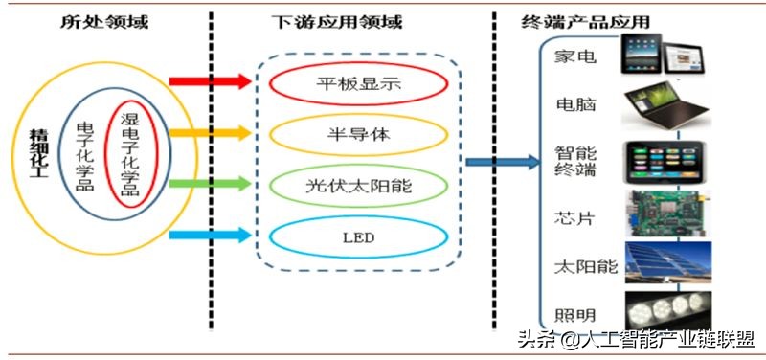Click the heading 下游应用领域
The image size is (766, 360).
click(350, 21)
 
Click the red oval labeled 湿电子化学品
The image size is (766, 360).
click(131, 153)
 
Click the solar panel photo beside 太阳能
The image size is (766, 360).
click(668, 262)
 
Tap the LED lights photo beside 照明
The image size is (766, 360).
click(668, 310)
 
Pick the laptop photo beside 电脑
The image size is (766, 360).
click(667, 105)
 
